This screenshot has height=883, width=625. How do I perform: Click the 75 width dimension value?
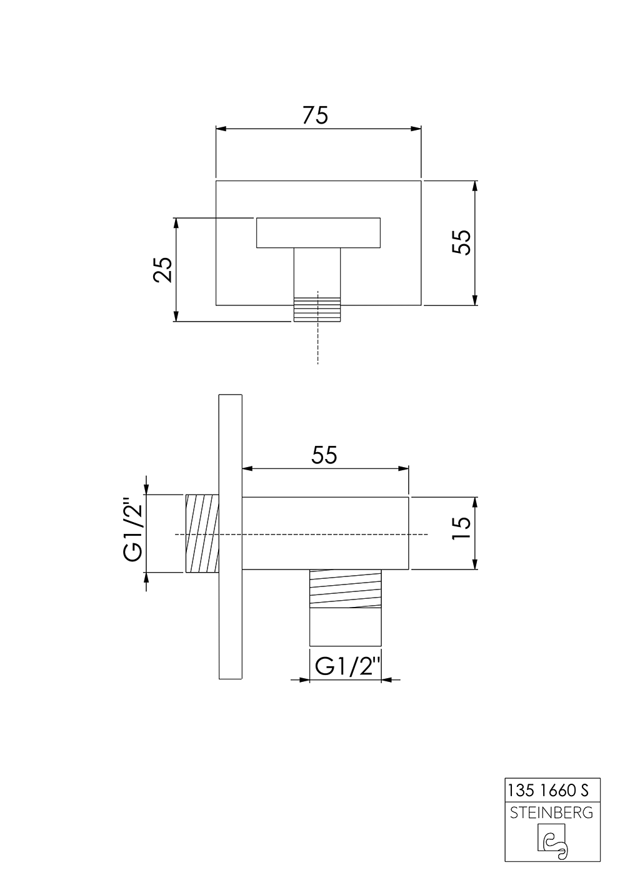[x=315, y=116]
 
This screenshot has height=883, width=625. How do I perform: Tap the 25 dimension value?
[x=162, y=269]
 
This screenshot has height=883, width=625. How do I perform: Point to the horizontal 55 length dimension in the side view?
[x=324, y=455]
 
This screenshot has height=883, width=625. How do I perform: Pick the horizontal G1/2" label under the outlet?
[x=347, y=667]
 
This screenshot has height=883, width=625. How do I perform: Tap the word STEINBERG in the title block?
[x=552, y=813]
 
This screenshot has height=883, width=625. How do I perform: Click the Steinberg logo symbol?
[x=552, y=841]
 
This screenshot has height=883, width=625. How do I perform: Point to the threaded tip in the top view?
[x=317, y=309]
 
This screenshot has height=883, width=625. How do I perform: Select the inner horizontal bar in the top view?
[x=317, y=232]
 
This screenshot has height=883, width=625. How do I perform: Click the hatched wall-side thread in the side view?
[x=202, y=533]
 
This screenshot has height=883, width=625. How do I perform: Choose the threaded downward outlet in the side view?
[x=346, y=607]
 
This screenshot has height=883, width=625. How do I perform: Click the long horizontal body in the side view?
[x=325, y=533]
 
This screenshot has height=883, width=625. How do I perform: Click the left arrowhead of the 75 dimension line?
[x=221, y=129]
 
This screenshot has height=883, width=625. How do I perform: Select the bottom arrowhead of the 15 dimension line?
[x=476, y=565]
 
